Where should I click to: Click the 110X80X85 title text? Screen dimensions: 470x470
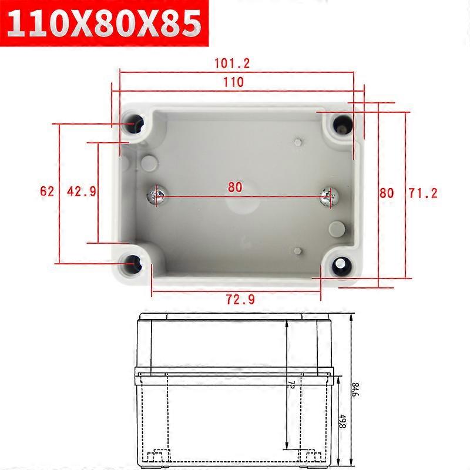click(104, 23)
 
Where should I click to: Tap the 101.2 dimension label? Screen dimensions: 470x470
click(232, 63)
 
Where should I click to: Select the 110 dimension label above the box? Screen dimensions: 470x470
click(233, 82)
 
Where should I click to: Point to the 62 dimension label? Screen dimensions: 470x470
click(47, 192)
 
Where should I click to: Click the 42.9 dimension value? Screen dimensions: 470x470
click(81, 192)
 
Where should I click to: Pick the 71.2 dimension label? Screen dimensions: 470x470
click(423, 193)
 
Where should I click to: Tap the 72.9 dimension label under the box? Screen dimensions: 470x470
click(240, 299)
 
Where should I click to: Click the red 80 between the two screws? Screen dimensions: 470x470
click(234, 187)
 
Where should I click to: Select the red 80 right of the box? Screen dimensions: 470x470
click(387, 193)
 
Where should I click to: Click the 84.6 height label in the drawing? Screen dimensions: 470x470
click(355, 390)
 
